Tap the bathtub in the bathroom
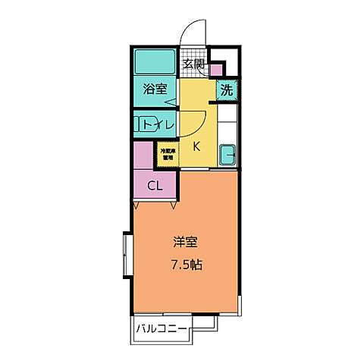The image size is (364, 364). click(155, 61)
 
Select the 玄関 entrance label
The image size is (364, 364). click(194, 64)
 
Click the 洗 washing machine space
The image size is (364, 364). click(226, 89)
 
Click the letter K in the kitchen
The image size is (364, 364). click(196, 146)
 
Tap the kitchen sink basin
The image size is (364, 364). click(227, 155)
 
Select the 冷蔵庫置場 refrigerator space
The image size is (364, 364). click(167, 155)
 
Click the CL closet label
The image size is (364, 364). click(154, 185)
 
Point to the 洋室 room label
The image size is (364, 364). click(185, 243)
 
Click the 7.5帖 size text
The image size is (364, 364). click(185, 265)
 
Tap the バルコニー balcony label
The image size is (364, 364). click(162, 329)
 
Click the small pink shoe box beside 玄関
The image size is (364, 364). click(216, 71)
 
